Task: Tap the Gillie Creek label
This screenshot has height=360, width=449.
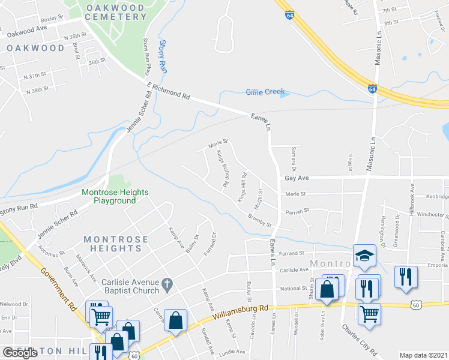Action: [265, 92]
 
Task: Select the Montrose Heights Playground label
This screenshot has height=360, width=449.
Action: [114, 197]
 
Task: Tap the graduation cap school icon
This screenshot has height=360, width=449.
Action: [364, 255]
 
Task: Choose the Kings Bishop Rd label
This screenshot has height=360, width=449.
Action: [223, 169]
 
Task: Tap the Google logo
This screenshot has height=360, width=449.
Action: [20, 353]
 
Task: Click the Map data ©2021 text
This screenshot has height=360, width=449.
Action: [423, 355]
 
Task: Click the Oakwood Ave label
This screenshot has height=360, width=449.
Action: [27, 29]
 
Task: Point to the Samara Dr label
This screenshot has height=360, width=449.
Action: [294, 157]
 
